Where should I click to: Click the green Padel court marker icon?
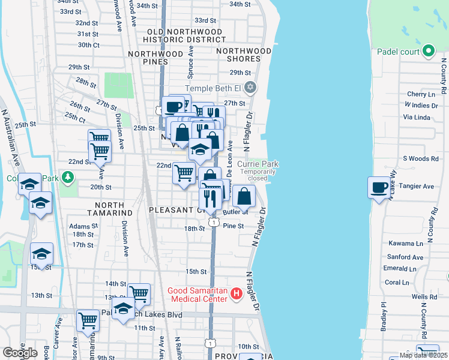(428, 52)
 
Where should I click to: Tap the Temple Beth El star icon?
(250, 89)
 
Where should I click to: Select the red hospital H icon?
(236, 293)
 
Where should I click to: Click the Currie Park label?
(258, 164)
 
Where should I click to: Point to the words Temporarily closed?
(258, 175)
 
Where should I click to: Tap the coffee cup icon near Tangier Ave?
(379, 187)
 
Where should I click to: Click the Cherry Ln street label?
(420, 94)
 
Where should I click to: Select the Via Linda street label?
(418, 117)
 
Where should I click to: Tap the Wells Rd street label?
(424, 296)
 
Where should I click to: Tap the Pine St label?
(233, 226)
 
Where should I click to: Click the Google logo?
(20, 353)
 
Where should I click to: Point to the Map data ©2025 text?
(423, 355)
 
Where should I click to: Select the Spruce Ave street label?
(191, 61)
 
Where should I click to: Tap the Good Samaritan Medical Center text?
(198, 294)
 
